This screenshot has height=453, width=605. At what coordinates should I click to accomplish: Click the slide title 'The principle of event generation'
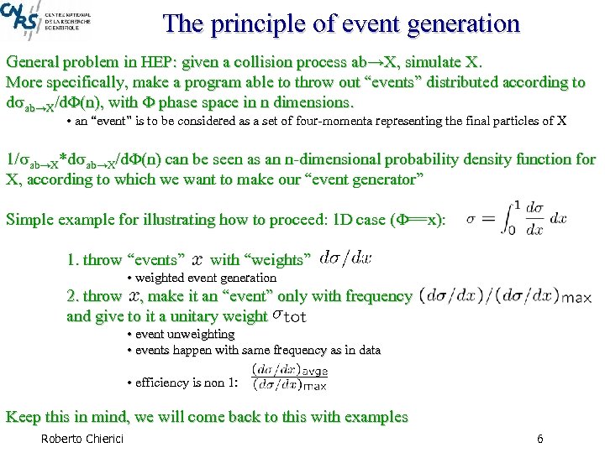point(342,23)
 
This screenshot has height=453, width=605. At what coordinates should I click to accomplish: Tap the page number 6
point(539,440)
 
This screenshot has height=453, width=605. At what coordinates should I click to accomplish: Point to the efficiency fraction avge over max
point(289,377)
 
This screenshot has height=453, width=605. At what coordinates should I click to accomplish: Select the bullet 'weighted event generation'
point(205,278)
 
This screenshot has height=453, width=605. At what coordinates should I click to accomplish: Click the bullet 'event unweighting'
point(184,334)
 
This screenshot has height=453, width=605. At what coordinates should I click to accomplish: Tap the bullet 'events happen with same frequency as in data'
point(257,350)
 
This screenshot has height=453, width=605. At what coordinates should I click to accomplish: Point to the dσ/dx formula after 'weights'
point(345,259)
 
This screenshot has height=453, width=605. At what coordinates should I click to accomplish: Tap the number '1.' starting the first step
point(74,260)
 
